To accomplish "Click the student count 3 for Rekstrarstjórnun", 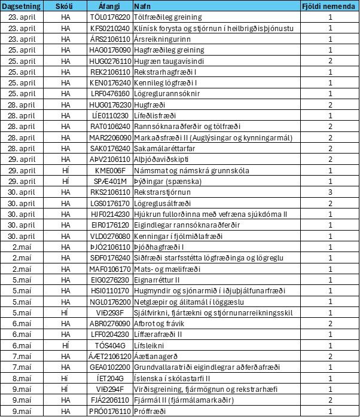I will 330,192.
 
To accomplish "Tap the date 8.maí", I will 22,378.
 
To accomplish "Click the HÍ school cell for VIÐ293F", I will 65,312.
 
